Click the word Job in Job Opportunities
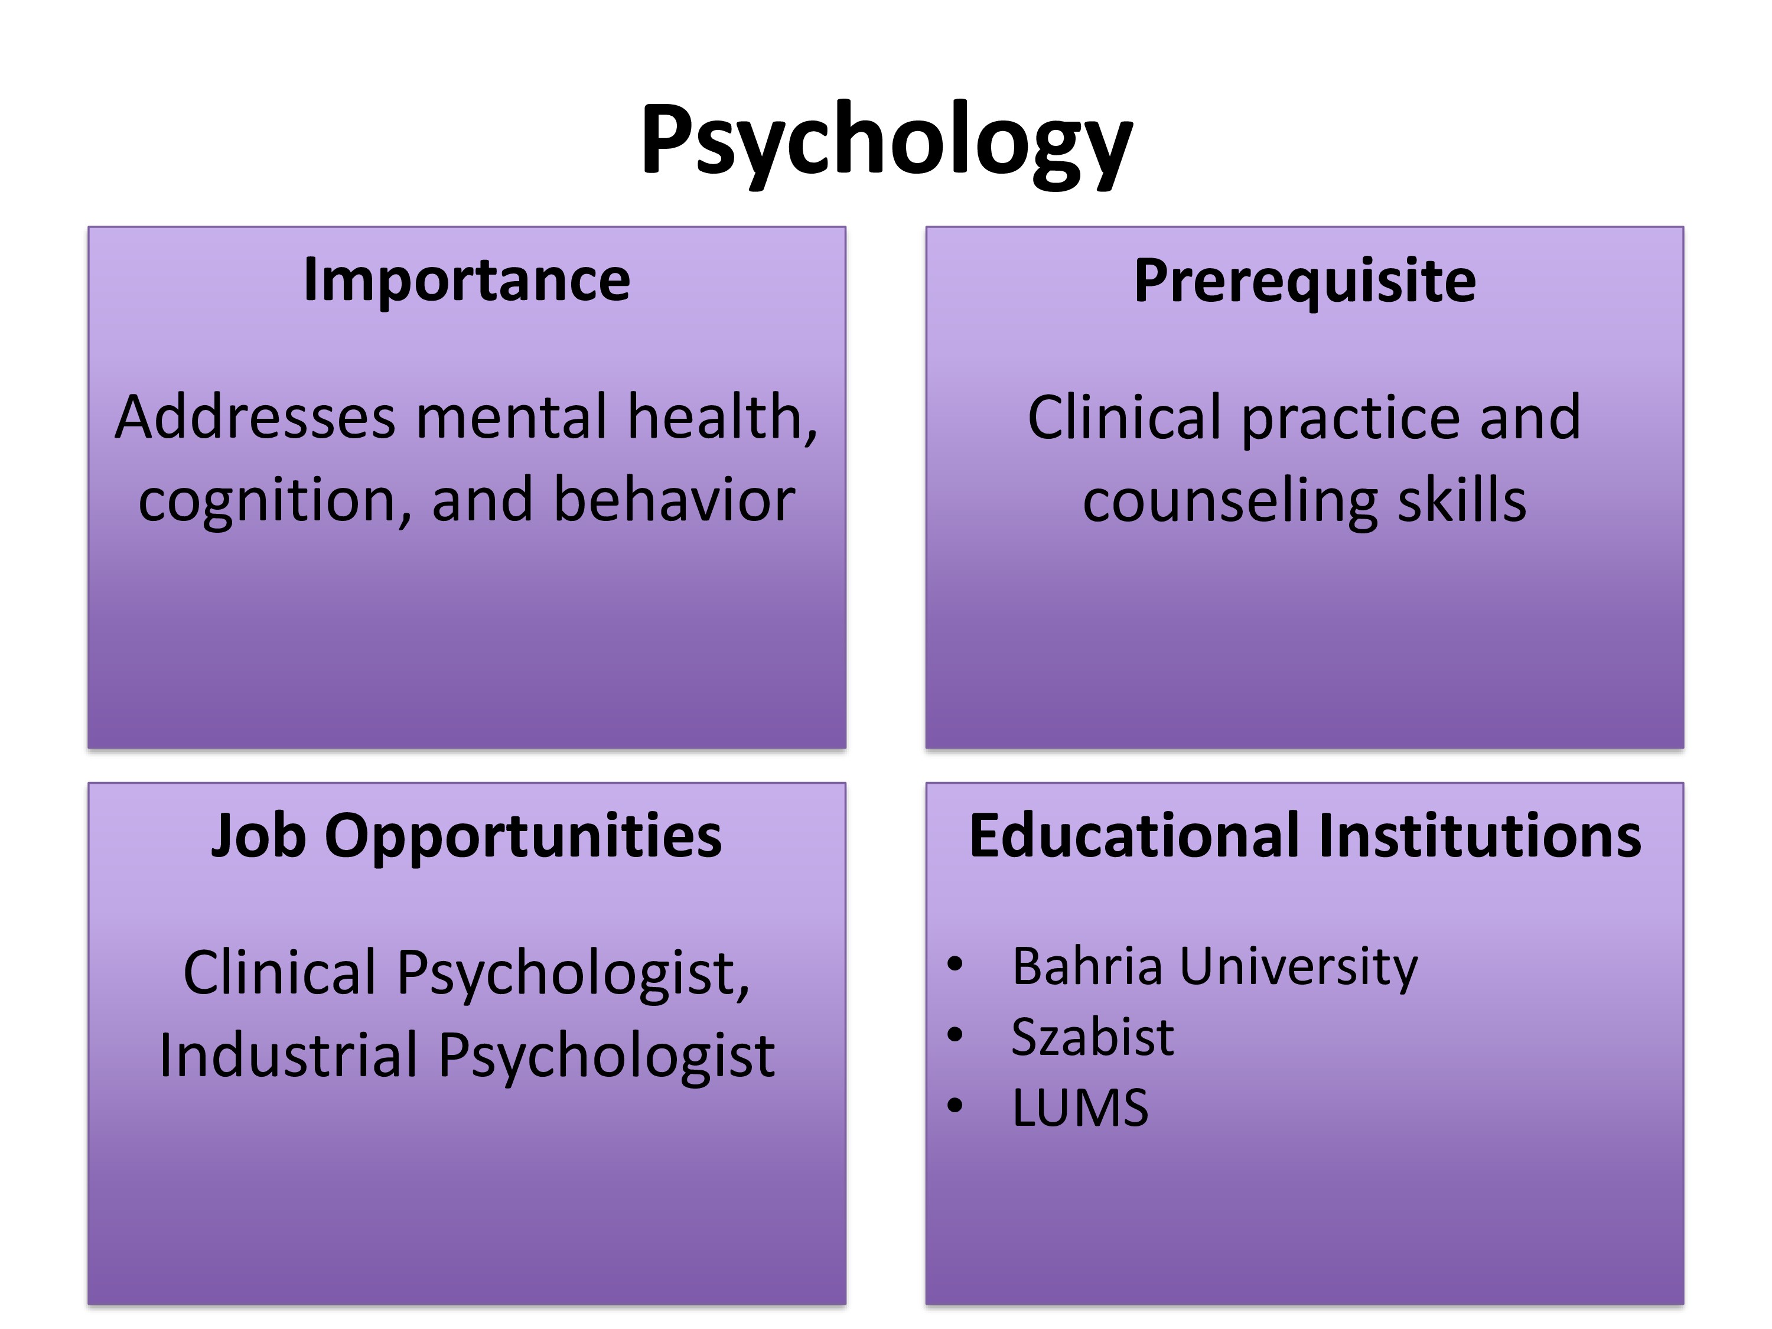(x=258, y=836)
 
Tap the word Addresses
(x=256, y=418)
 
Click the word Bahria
(x=1087, y=966)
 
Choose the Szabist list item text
(x=1093, y=1037)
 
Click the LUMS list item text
(x=1080, y=1108)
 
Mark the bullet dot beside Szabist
(x=954, y=1035)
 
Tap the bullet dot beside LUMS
(x=954, y=1106)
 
